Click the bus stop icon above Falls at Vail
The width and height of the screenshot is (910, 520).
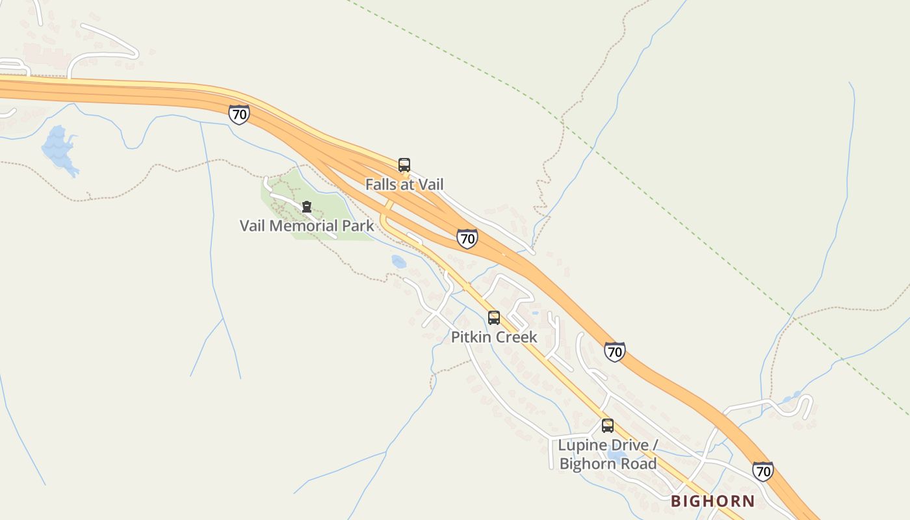[404, 164]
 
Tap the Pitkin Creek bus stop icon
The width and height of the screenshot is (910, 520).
[494, 317]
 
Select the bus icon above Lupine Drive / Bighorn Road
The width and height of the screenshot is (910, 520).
[608, 426]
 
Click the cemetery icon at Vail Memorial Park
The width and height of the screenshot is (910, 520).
[307, 207]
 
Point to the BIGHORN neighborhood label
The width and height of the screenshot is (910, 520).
[712, 501]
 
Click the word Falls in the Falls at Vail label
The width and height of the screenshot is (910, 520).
[380, 185]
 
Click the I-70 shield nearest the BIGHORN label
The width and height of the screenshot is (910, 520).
[763, 471]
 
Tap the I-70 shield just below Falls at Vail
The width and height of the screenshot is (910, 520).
[467, 238]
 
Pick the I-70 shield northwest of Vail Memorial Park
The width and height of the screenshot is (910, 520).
[239, 115]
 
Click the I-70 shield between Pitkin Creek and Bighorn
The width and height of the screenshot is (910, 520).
[614, 352]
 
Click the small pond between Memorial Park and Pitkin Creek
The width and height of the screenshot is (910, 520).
[398, 261]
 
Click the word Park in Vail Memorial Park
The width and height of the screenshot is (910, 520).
[359, 226]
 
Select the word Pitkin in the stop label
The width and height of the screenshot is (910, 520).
[470, 337]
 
